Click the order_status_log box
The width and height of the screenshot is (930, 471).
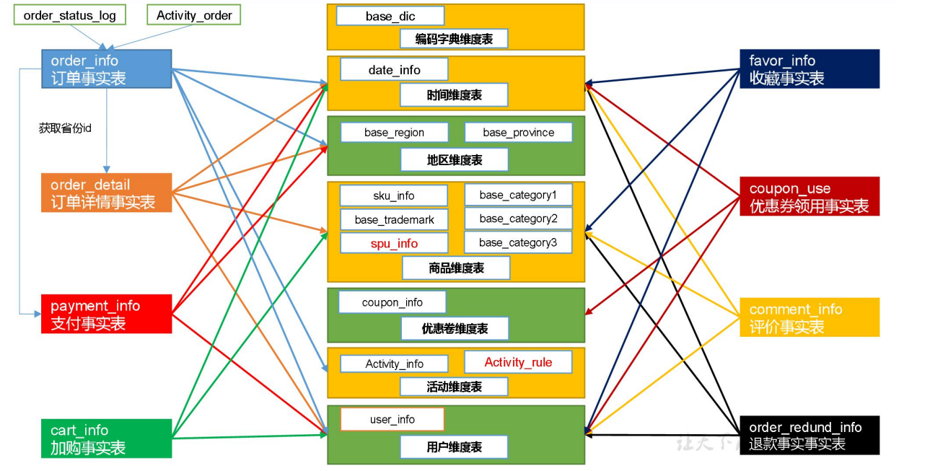point(69,15)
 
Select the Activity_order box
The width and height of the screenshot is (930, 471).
point(194,15)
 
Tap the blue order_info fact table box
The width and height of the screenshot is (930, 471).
point(106,69)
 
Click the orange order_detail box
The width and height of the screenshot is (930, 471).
point(106,193)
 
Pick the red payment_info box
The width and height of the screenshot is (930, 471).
point(106,314)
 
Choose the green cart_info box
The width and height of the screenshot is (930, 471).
point(106,439)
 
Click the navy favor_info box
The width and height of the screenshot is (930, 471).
point(809,69)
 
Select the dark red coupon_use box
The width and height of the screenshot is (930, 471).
point(809,196)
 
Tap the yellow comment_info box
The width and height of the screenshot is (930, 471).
point(809,317)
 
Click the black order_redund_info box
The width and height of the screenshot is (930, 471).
point(809,435)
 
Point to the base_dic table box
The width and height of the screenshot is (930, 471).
point(390,16)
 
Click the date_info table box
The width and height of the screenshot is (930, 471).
point(394,70)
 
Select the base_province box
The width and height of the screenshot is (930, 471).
point(518,133)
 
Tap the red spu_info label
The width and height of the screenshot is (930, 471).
point(394,243)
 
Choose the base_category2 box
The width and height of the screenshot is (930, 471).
point(518,219)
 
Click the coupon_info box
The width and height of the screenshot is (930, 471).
point(392,302)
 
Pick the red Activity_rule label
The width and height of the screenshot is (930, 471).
point(518,362)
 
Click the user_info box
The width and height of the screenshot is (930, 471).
point(392,420)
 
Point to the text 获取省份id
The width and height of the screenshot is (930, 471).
point(65,128)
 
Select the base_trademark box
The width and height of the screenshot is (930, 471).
point(394,219)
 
